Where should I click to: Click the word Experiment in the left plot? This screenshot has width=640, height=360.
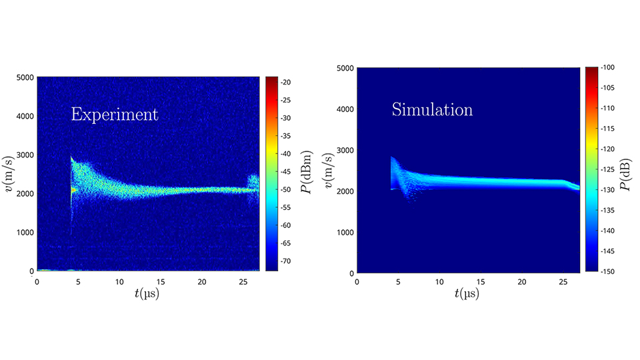[x=115, y=115]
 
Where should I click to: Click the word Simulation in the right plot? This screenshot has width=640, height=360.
[x=432, y=109]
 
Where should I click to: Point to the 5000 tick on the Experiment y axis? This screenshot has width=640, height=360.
[x=25, y=77]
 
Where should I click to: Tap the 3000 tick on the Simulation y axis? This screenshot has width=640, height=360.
[x=345, y=150]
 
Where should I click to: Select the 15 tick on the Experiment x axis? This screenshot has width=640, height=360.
[x=161, y=281]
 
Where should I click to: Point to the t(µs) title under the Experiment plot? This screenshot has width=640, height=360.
[x=147, y=293]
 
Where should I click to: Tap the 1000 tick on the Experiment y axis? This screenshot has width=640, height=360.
[x=25, y=232]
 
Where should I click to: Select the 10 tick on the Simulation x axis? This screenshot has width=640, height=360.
[x=439, y=282]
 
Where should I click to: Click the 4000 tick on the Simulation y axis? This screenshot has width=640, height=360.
[x=345, y=109]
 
